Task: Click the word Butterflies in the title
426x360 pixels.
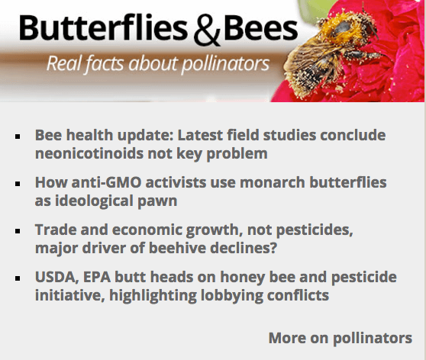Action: [x=103, y=28]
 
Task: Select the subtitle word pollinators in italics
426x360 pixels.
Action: [x=225, y=64]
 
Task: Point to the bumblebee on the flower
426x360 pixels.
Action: [x=329, y=53]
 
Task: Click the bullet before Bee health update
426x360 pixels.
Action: [x=18, y=137]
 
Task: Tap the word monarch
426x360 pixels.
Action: [x=273, y=182]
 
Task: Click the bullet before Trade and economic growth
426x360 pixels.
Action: [x=18, y=231]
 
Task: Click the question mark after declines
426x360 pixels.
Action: [x=273, y=248]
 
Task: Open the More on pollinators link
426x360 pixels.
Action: [x=340, y=339]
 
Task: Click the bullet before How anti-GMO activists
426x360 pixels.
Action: [x=18, y=184]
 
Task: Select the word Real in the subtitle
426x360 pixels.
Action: [x=64, y=64]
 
